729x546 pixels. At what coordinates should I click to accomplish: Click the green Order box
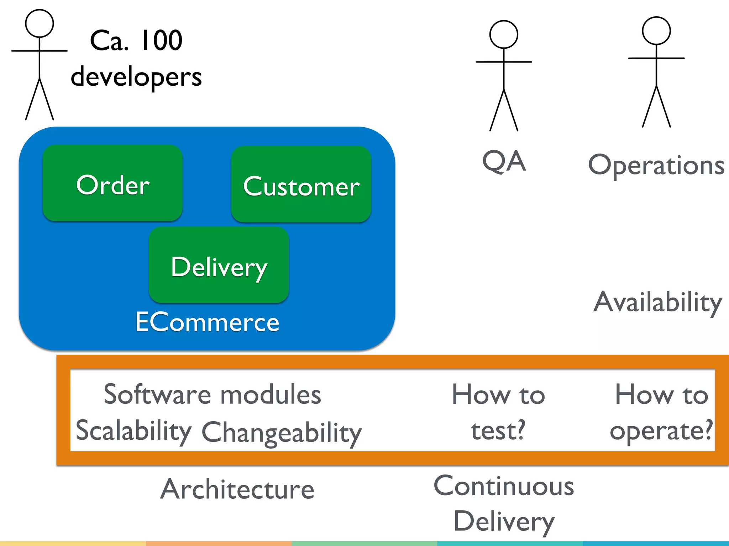tap(112, 183)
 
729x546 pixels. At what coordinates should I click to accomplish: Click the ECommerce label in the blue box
tap(207, 322)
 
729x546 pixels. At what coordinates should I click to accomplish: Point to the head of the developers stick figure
tap(40, 23)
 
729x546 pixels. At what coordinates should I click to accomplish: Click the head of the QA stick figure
tap(504, 34)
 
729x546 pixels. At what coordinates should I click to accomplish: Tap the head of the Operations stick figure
tap(656, 31)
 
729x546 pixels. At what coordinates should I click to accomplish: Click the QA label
tap(504, 161)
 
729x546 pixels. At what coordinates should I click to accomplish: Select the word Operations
tap(656, 166)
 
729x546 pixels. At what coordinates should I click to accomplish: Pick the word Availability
tap(657, 302)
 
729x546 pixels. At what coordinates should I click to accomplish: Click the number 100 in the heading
tap(161, 40)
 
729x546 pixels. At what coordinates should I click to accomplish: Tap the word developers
tap(136, 77)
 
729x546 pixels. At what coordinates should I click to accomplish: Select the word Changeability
tap(282, 432)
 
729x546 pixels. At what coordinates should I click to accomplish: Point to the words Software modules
tap(212, 395)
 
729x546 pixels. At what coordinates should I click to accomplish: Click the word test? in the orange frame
tap(498, 430)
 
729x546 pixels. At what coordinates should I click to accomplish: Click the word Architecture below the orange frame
tap(237, 489)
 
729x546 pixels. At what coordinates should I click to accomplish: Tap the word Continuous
tap(504, 486)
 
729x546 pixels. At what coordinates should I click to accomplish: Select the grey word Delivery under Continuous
tap(504, 521)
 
